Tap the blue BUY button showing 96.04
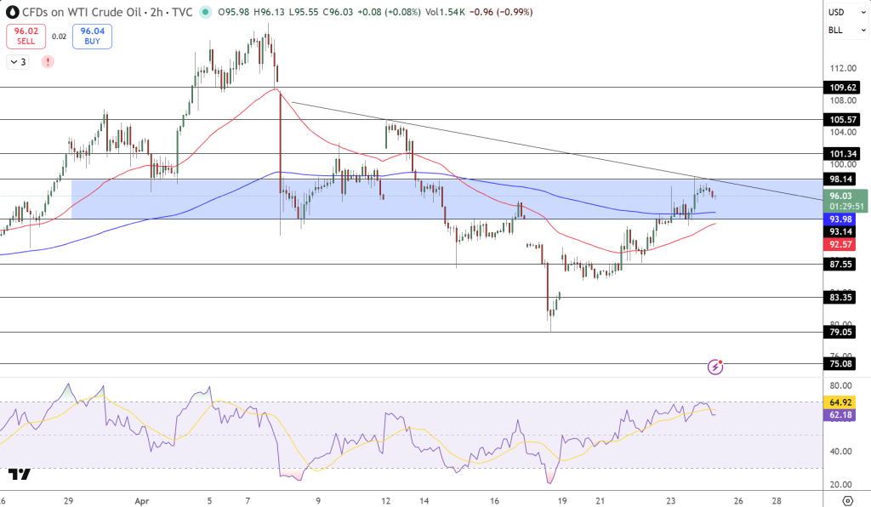coord(92,36)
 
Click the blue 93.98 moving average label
coord(842,219)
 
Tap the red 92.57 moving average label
coord(842,244)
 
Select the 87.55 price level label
coord(842,265)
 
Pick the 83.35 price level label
coord(842,298)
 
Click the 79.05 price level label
coord(842,333)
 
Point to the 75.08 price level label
coord(842,364)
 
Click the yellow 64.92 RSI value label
coord(842,402)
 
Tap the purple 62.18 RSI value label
coord(842,414)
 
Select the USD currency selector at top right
coord(838,13)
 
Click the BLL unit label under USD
coord(837,31)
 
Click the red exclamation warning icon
coord(47,62)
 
